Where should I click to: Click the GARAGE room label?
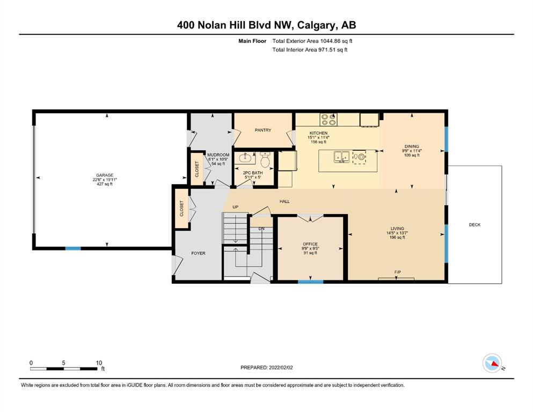tap(104, 175)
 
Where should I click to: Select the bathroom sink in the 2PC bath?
tap(245, 158)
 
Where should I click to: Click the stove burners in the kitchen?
tap(328, 120)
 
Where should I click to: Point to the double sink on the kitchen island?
tap(341, 157)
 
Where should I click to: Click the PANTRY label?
tap(263, 130)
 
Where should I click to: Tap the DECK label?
tap(474, 225)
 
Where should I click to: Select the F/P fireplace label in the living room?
tap(397, 272)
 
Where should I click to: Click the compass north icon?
tap(492, 363)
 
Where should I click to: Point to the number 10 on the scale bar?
tap(99, 363)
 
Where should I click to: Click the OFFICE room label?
tap(310, 244)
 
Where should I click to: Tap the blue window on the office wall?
tap(311, 282)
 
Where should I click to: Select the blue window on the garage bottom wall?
tap(73, 248)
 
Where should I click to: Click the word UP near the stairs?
tap(235, 207)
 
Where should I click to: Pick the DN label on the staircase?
tap(261, 229)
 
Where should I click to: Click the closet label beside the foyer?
tap(181, 208)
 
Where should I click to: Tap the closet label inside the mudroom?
tap(197, 169)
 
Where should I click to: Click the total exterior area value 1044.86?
tap(329, 41)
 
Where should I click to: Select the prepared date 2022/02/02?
tap(281, 367)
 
